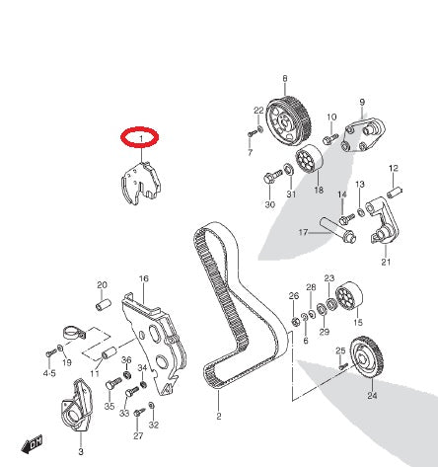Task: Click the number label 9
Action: tap(362, 103)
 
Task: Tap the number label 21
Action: tap(386, 263)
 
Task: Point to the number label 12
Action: tap(393, 168)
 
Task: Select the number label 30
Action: tap(270, 205)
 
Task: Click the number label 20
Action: tap(101, 285)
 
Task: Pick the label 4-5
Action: tap(49, 375)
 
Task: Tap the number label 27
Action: tap(138, 435)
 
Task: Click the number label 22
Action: tap(258, 110)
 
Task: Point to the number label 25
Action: tap(339, 350)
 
